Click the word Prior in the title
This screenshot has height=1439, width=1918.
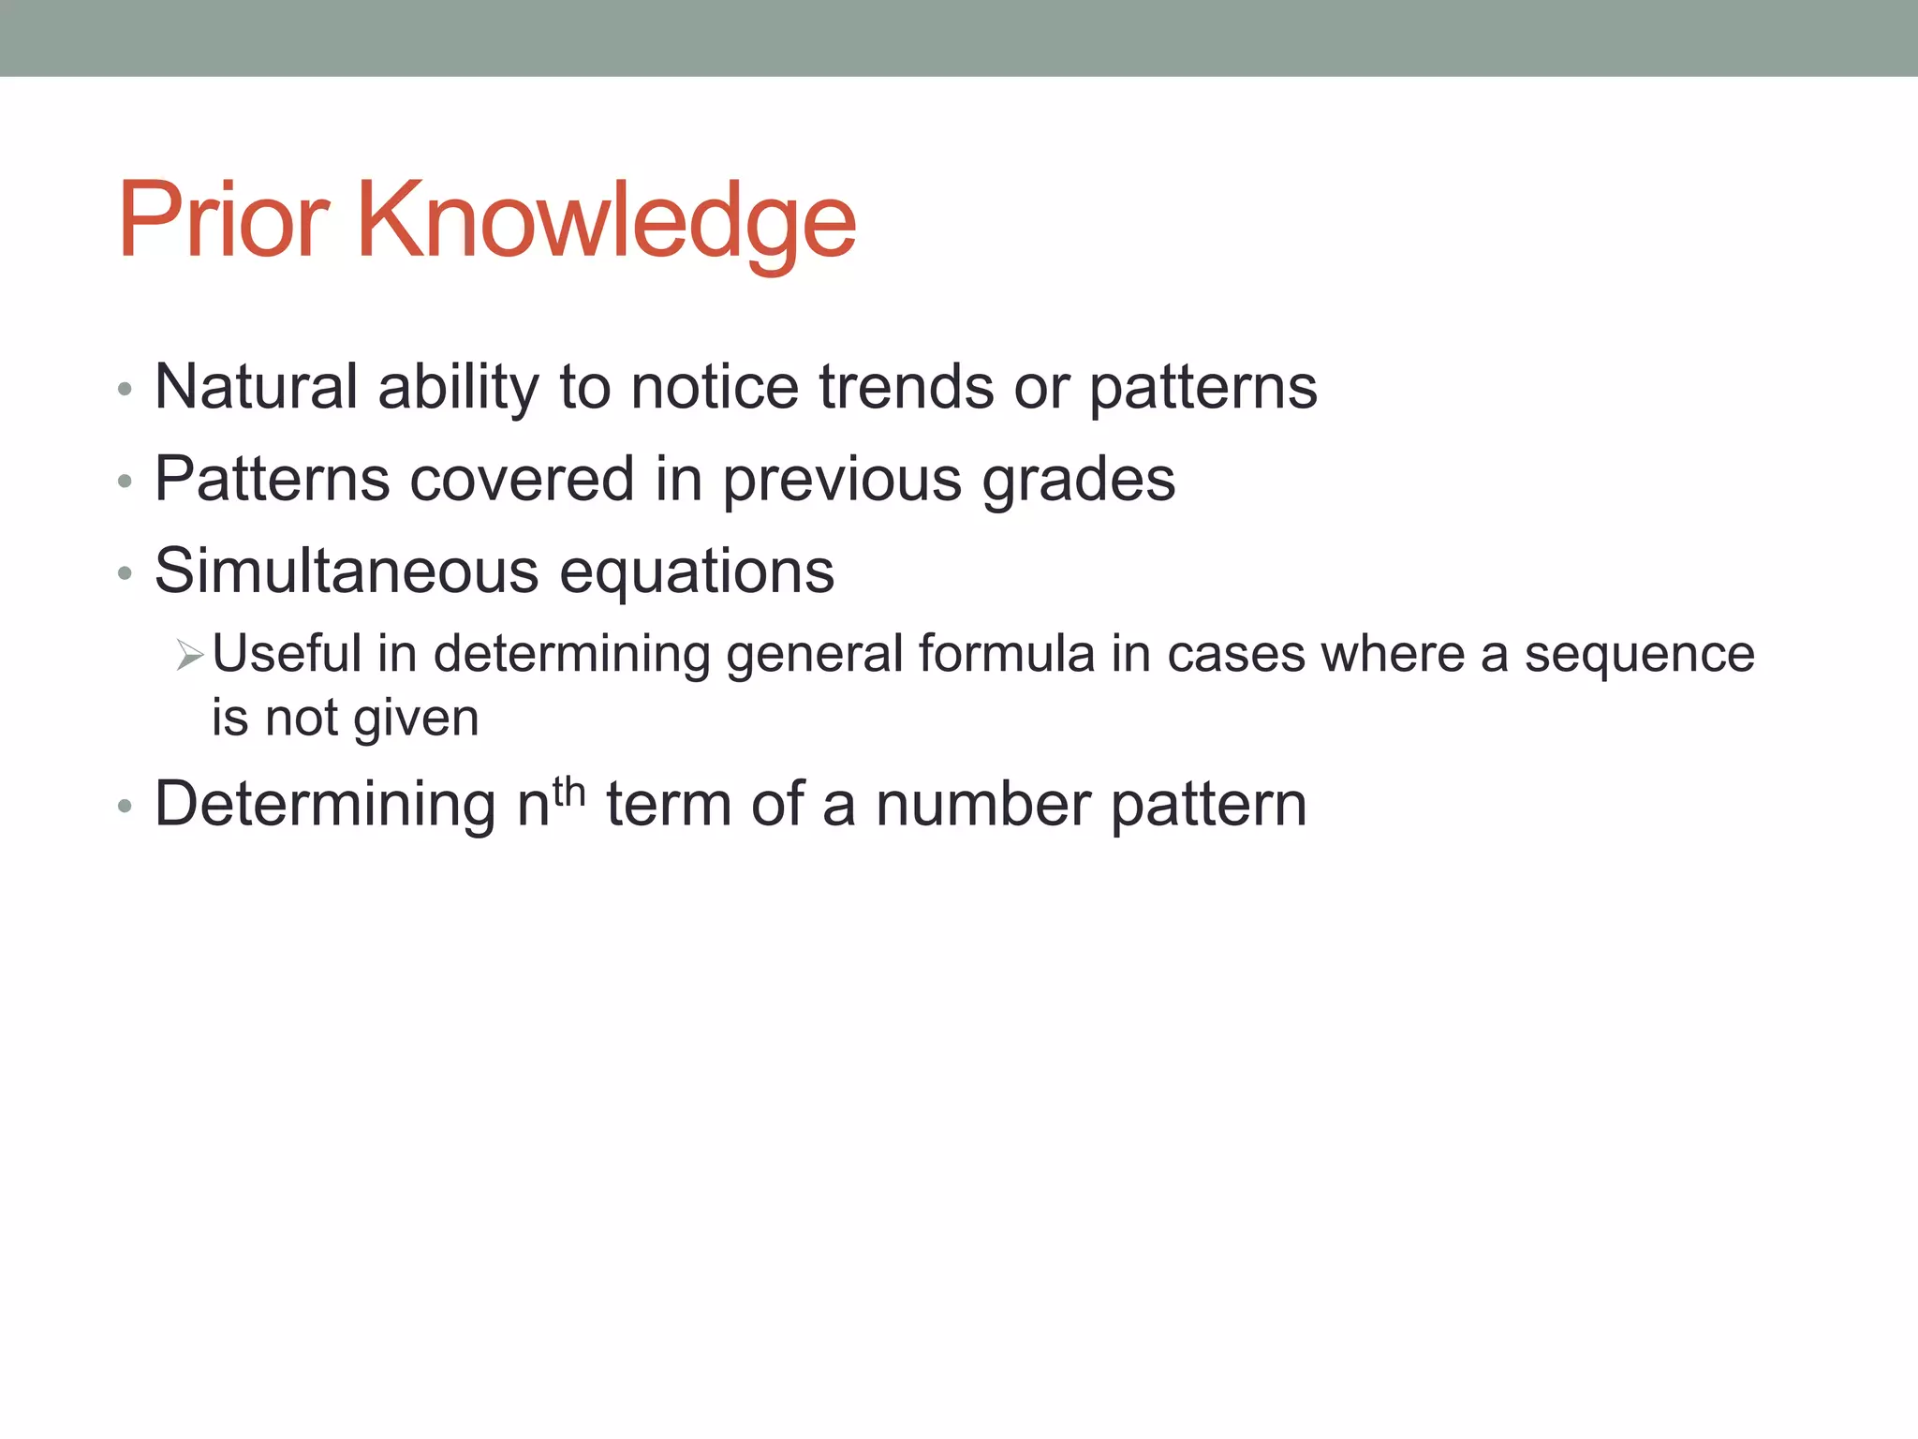[x=223, y=221]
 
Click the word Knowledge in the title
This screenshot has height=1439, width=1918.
[x=606, y=221]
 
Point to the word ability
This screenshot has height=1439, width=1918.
[x=458, y=388]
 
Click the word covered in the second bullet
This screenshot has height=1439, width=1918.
[x=522, y=479]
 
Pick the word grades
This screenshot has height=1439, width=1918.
[x=1078, y=481]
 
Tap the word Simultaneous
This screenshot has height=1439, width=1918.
[x=347, y=571]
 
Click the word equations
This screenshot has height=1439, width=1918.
[x=696, y=572]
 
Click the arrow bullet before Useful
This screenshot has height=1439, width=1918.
[x=189, y=655]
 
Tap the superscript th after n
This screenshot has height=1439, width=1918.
[x=568, y=792]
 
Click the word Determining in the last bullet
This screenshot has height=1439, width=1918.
[x=325, y=806]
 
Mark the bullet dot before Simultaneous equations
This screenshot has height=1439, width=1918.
[x=125, y=574]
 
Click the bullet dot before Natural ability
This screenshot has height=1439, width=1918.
[x=125, y=390]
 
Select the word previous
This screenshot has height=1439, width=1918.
[x=842, y=481]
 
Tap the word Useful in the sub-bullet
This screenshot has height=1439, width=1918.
[x=287, y=653]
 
